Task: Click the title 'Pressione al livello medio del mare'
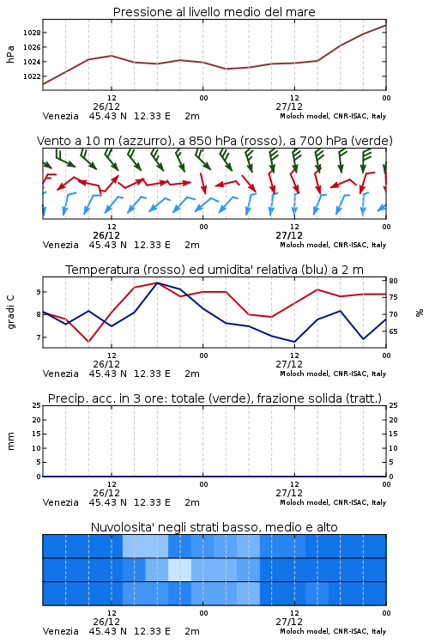[214, 12]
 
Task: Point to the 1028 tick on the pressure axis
[32, 33]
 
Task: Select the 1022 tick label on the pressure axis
[32, 76]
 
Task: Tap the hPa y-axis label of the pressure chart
[10, 54]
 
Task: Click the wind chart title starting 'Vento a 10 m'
[214, 141]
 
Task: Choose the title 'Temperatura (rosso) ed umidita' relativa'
[214, 270]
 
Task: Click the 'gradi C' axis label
[10, 313]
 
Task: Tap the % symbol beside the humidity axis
[420, 313]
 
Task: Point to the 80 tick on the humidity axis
[393, 281]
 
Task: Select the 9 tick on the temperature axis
[39, 292]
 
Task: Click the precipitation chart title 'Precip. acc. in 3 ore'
[214, 398]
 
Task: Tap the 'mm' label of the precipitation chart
[10, 441]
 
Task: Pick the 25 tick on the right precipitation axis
[393, 405]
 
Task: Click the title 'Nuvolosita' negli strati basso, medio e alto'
[214, 527]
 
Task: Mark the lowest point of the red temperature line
[88, 342]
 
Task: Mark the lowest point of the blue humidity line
[294, 342]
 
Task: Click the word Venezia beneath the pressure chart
[60, 116]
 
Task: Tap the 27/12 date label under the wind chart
[289, 236]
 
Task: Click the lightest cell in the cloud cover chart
[180, 569]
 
